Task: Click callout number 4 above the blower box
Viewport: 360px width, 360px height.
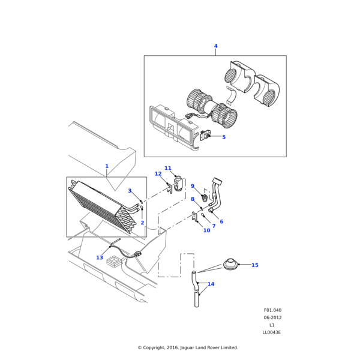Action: coord(216,46)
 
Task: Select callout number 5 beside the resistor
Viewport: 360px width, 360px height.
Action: coord(224,137)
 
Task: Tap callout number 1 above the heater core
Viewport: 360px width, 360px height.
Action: coord(107,166)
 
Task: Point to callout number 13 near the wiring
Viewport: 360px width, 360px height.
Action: coord(100,257)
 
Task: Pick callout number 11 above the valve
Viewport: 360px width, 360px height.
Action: coord(168,169)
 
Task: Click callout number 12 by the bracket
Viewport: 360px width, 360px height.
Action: coord(158,174)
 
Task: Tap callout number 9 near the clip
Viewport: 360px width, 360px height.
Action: coord(193,186)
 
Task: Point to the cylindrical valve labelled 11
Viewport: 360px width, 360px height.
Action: coord(178,181)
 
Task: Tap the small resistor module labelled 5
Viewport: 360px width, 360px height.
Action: coord(204,136)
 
